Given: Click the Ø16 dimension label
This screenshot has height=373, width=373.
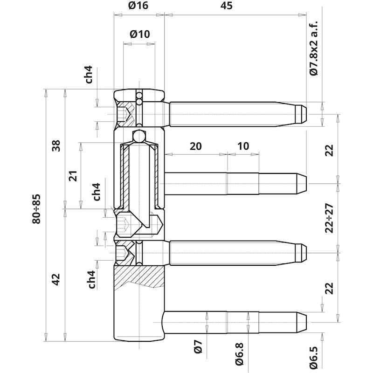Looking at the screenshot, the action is point(138,5).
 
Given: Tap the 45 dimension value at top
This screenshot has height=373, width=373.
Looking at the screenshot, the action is point(226,6).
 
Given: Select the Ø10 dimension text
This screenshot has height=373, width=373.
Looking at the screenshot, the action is point(140,34).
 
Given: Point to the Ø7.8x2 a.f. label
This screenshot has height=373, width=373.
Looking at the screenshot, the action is point(314,48).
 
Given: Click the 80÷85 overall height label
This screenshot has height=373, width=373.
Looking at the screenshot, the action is point(37,209).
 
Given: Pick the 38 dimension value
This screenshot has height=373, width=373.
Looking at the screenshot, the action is point(56,146).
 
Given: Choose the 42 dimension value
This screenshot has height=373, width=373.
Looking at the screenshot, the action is point(56,279).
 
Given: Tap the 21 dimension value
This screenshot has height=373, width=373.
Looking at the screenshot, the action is point(73,176).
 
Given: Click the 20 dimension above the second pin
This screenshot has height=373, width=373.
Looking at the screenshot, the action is point(195,146).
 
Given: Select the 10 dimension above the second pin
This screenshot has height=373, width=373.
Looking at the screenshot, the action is point(243,146).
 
